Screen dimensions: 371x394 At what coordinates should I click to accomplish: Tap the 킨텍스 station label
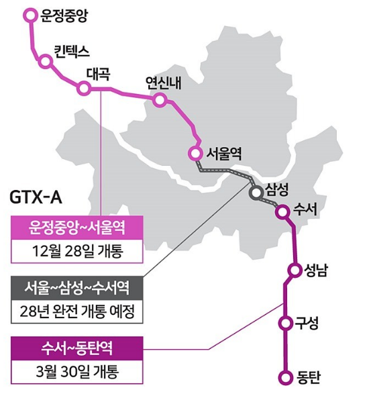pos(72,50)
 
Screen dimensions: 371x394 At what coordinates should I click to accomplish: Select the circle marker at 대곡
pos(84,88)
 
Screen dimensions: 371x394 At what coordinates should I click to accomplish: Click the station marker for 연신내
pos(160,100)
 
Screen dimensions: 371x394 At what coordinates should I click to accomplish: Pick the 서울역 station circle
pos(195,152)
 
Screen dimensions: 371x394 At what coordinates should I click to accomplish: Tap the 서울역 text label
pos(223,152)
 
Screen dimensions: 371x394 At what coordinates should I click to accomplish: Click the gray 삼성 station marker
pos(255,193)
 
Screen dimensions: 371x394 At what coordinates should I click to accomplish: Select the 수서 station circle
pos(282,211)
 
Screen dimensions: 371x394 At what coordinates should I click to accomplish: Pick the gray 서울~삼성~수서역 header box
pos(77,287)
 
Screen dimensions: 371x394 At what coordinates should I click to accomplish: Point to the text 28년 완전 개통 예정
pos(77,311)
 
